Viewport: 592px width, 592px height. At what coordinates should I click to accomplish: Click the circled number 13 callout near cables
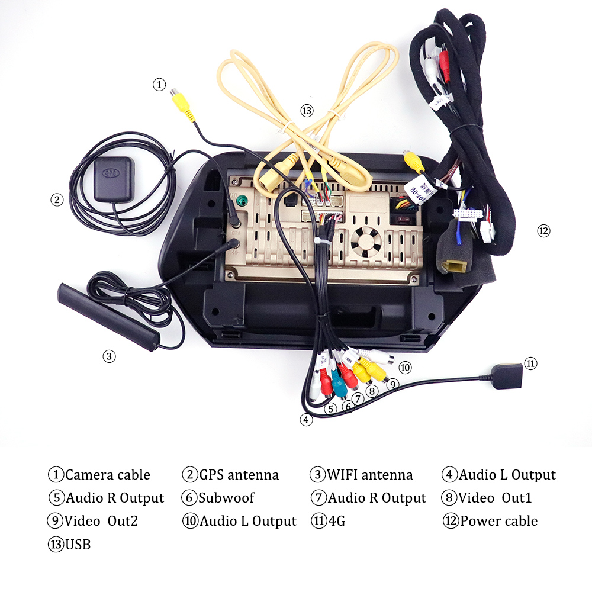coord(306,110)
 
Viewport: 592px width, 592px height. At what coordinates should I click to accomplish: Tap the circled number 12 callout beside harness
coord(543,231)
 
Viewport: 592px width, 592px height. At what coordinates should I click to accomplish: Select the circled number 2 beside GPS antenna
coord(56,200)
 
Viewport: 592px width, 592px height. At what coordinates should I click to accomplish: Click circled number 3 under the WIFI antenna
coord(108,356)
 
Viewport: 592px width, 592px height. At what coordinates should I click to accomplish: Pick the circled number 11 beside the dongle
coord(530,363)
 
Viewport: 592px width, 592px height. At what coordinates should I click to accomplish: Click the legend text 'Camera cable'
coord(108,475)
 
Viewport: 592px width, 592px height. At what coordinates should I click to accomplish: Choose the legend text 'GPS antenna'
coord(239,475)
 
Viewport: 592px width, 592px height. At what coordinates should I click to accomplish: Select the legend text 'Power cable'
coord(498,521)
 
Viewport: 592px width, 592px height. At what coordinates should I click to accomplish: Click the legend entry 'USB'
coord(78,544)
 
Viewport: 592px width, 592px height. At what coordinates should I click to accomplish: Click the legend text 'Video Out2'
coord(101,521)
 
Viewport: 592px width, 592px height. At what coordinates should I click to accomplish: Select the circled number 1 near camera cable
coord(159,85)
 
